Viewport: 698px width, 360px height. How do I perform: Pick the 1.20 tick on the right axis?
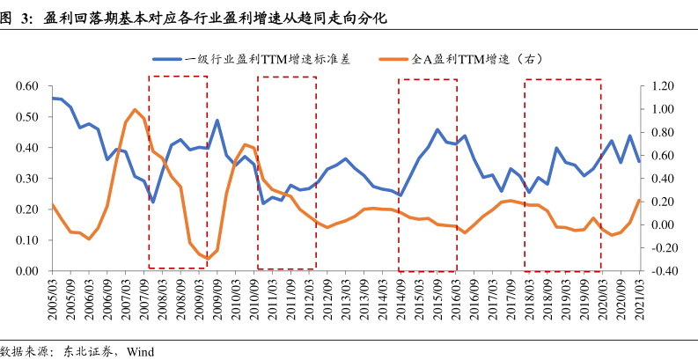coord(663,86)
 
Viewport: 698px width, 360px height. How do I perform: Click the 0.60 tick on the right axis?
coord(663,156)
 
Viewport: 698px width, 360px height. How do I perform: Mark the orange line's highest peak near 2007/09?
coord(135,110)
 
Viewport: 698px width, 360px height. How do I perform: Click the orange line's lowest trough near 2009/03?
coord(208,259)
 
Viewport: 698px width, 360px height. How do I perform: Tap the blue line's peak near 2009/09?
coord(217,121)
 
